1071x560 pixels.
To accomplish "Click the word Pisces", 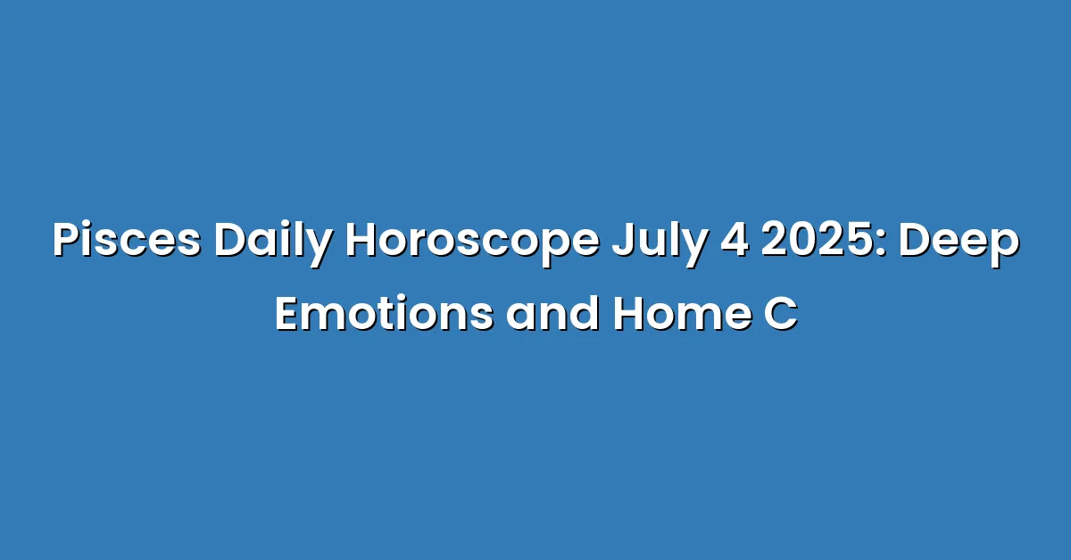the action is point(127,239).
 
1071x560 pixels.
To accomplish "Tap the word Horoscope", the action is point(472,244).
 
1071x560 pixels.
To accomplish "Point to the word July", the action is point(659,244).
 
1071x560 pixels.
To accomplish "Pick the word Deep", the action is point(959,244).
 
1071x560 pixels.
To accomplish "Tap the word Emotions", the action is point(385,314).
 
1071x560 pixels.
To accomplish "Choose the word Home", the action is point(682,314).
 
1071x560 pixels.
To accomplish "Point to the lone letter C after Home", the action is point(781,314).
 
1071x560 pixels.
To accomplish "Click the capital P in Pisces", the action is point(68,241).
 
